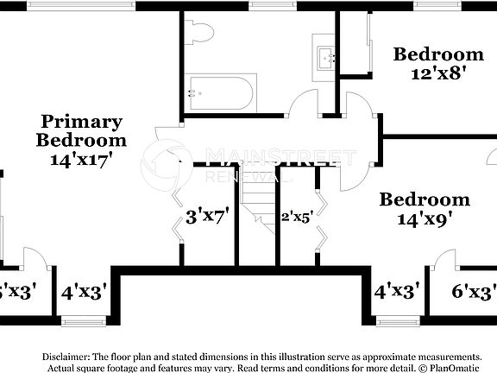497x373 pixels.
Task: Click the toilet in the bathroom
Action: [x=200, y=33]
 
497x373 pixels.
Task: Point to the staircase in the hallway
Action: [x=256, y=207]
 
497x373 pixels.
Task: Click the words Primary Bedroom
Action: [x=82, y=130]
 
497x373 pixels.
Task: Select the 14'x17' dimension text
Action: [x=82, y=159]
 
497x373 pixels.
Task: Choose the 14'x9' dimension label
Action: [x=425, y=219]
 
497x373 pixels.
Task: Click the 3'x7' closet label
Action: [x=207, y=218]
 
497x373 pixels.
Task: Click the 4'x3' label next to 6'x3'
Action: [x=397, y=291]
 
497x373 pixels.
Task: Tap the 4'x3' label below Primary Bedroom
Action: [x=84, y=293]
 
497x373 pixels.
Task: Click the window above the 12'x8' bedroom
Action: [x=436, y=5]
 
